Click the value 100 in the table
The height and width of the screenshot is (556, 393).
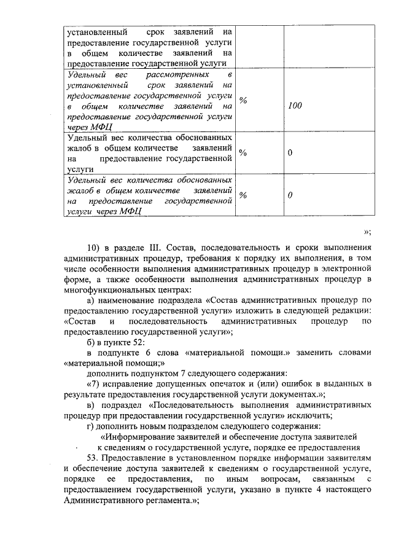click(x=295, y=106)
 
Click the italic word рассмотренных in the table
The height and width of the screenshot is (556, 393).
click(x=174, y=74)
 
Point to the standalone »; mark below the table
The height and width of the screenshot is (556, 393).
click(x=367, y=232)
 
